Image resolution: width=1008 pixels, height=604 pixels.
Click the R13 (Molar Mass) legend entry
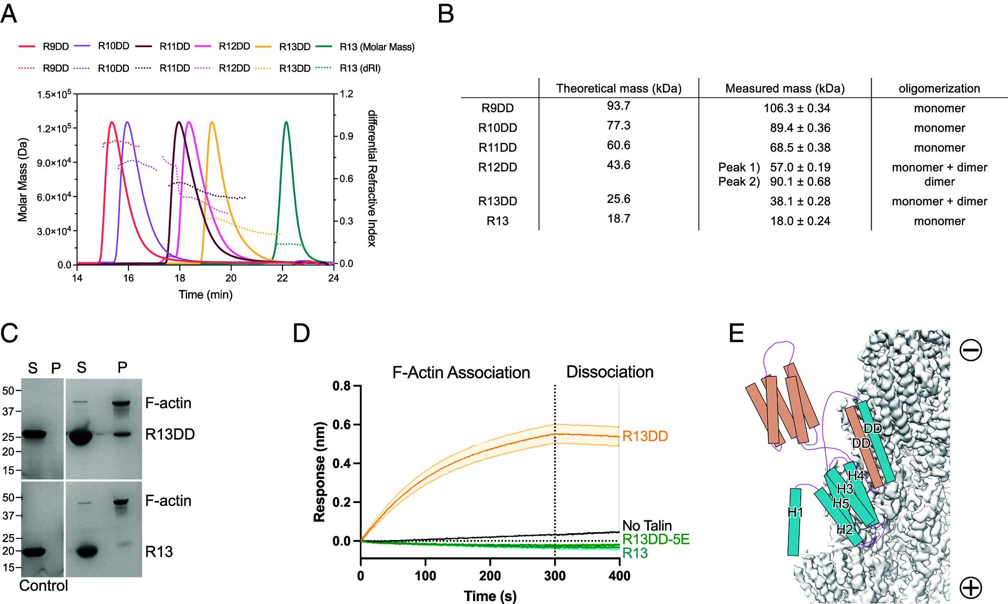377,47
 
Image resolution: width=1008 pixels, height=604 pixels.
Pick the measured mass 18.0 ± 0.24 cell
800,221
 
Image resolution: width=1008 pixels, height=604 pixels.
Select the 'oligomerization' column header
939,89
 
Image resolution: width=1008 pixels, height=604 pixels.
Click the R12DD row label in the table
498,167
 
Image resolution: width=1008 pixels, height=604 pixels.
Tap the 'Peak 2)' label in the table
739,182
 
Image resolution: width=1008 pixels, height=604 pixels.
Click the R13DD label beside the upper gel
170,434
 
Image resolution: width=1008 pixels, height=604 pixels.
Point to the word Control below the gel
43,586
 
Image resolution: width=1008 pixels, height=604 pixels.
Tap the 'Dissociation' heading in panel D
609,372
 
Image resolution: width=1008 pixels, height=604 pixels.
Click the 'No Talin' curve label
647,526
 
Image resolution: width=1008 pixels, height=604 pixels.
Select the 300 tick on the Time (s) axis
555,576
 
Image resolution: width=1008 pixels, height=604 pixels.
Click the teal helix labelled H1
794,522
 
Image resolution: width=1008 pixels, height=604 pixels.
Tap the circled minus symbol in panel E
970,350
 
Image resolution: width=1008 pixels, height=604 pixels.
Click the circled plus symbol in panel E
970,587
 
